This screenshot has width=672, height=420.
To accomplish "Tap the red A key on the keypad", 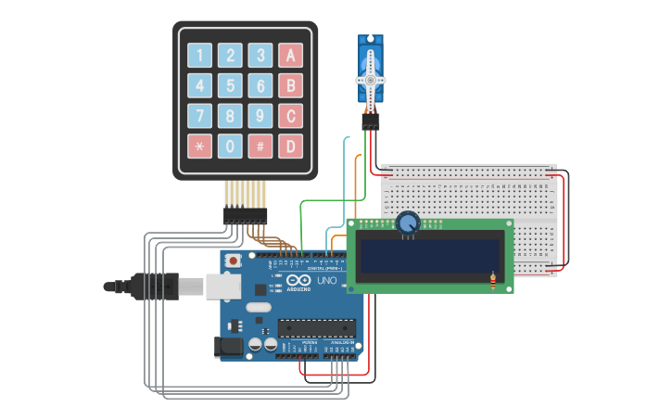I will pos(290,56).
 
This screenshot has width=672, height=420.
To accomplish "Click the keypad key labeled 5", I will pos(230,86).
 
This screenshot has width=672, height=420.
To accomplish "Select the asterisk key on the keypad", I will pos(199,146).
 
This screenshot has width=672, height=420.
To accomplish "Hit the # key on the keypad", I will pos(260,146).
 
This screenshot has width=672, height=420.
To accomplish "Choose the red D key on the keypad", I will pos(290,146).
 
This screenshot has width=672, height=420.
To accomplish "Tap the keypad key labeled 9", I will pos(260,116).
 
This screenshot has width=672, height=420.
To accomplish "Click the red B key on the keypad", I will pos(290,86).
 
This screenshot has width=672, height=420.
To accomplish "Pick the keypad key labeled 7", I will pos(199,116).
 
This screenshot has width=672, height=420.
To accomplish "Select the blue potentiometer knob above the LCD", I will pos(408,223).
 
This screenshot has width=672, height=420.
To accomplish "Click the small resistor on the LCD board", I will pos(492,281).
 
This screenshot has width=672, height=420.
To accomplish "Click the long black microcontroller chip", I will pos(317,328).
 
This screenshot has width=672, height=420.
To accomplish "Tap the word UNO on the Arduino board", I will pos(326,280).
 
